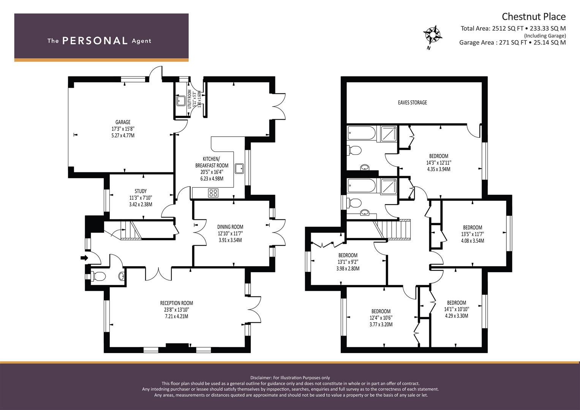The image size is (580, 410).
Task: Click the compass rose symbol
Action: pos(432,35)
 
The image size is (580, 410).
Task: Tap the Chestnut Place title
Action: pos(534,17)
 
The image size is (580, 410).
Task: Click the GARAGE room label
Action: pos(123,122)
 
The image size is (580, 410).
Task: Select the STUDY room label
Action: pos(141,191)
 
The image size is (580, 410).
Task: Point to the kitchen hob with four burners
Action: pos(213,193)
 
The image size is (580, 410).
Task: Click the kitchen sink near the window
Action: pos(239,169)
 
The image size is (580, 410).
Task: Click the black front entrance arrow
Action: pos(84,258)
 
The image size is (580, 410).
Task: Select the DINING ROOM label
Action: pos(230,227)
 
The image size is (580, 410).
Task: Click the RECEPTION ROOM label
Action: pos(176,303)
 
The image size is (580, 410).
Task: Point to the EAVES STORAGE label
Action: pos(412,102)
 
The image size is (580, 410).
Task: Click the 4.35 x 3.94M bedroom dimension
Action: pos(439,169)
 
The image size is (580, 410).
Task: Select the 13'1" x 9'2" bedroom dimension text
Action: pos(348,262)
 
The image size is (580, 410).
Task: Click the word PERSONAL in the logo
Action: pos(95,41)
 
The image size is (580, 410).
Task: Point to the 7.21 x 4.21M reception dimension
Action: pos(176,316)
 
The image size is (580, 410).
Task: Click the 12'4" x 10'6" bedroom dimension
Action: pos(381,318)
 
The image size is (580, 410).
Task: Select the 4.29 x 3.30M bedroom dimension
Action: pos(457,316)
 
